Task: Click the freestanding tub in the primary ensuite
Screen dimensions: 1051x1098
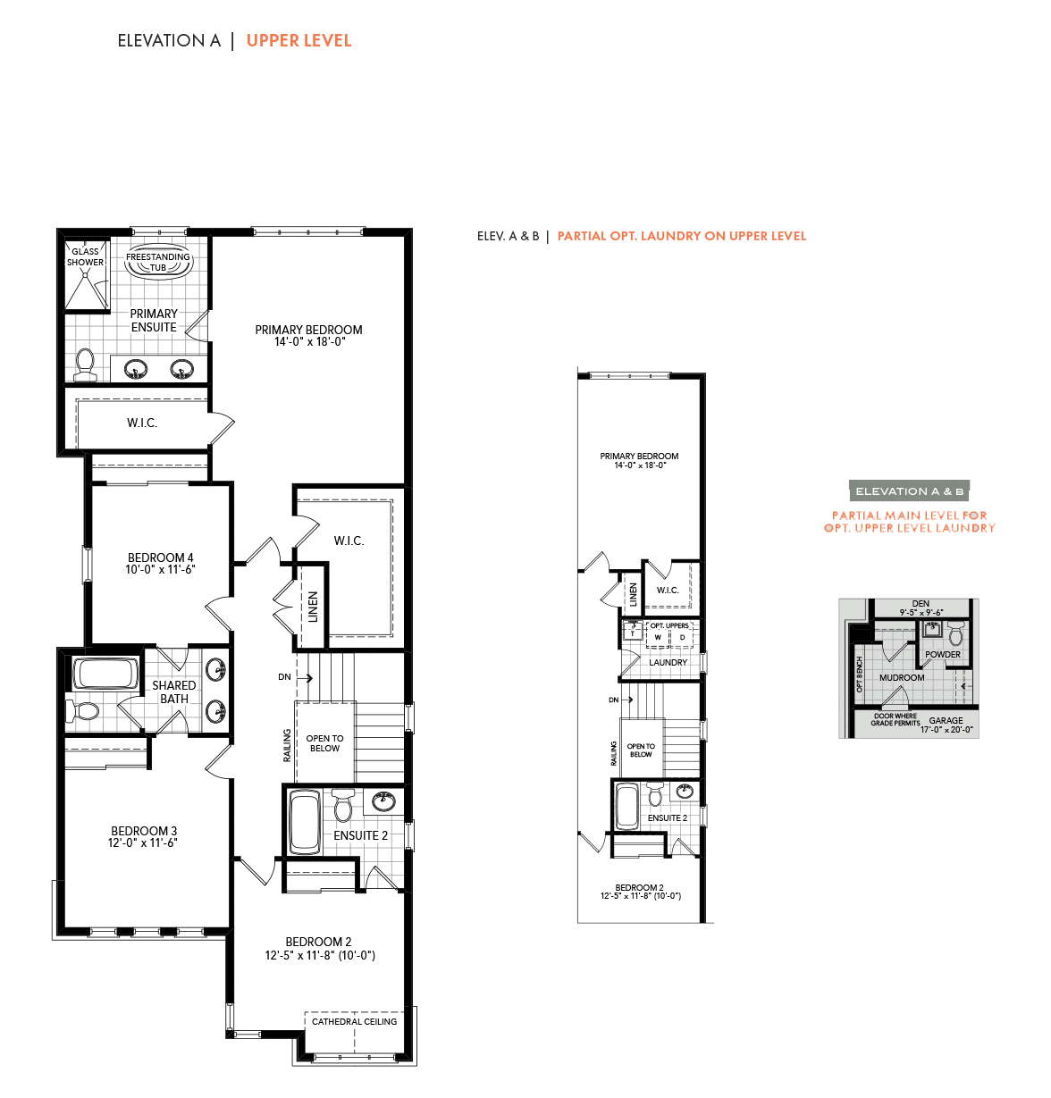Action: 158,262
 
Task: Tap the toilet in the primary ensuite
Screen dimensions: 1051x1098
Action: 85,364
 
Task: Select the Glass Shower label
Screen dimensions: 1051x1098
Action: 85,256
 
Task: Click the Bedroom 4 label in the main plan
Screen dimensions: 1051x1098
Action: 160,557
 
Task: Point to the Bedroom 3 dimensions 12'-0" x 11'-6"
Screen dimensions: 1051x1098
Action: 143,843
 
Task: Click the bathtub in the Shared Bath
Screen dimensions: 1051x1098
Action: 105,674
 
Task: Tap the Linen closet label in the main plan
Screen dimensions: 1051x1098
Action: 313,607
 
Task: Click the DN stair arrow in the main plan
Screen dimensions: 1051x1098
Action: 305,677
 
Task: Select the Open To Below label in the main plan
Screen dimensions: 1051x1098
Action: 324,743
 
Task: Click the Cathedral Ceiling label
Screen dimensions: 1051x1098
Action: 355,1021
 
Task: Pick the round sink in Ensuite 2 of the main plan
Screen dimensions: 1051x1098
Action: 383,800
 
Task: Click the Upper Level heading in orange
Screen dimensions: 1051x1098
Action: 298,40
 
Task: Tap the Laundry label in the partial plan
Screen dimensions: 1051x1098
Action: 668,662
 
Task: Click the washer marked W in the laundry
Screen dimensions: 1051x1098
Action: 658,638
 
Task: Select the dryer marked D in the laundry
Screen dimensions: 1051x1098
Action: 682,638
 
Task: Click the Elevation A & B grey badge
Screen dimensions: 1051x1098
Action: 909,490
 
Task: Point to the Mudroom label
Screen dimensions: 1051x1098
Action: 902,677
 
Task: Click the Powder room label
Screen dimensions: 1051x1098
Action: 942,655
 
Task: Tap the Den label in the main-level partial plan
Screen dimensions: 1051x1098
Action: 921,603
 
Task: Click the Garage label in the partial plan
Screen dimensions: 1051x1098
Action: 946,720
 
